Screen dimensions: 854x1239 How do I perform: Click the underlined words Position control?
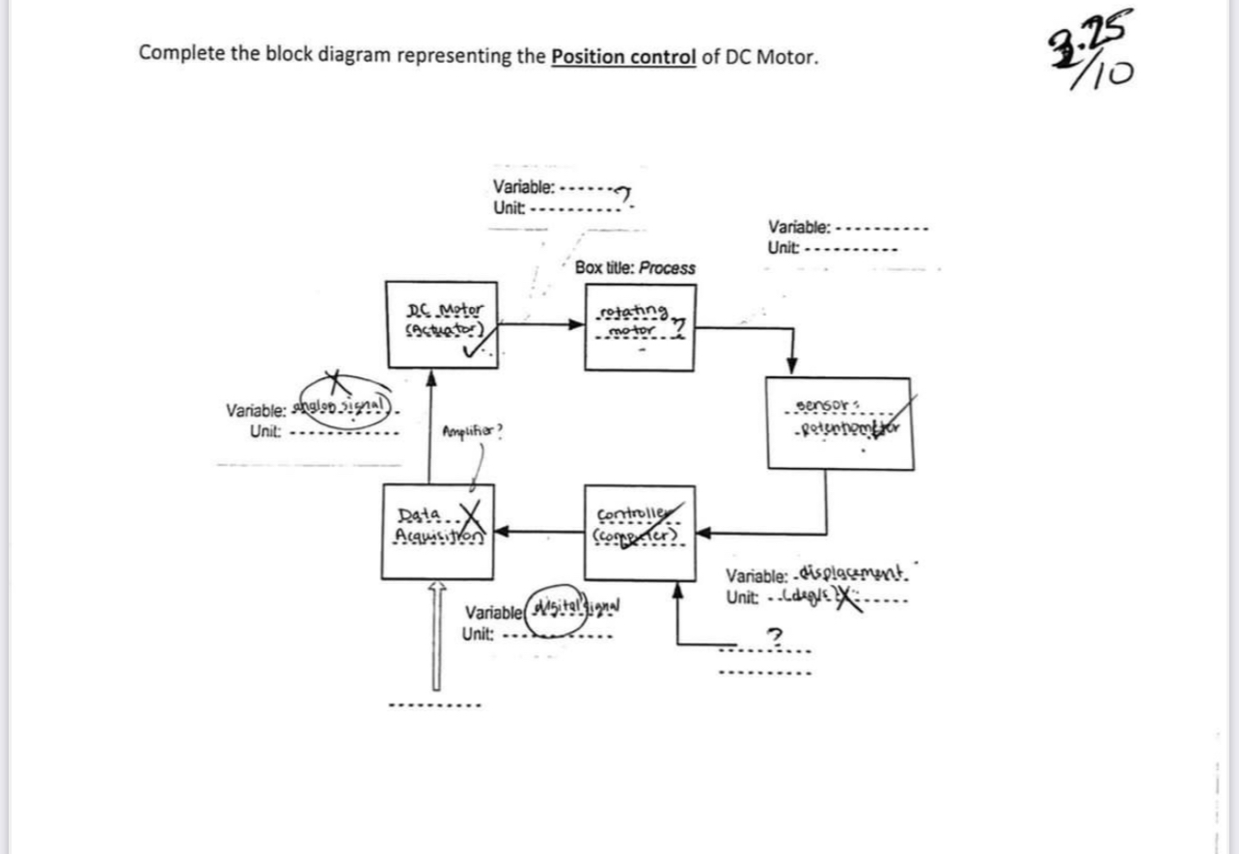622,56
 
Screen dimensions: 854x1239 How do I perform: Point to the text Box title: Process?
634,268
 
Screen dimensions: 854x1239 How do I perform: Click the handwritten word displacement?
849,576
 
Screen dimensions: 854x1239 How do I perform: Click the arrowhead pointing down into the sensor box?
792,366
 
